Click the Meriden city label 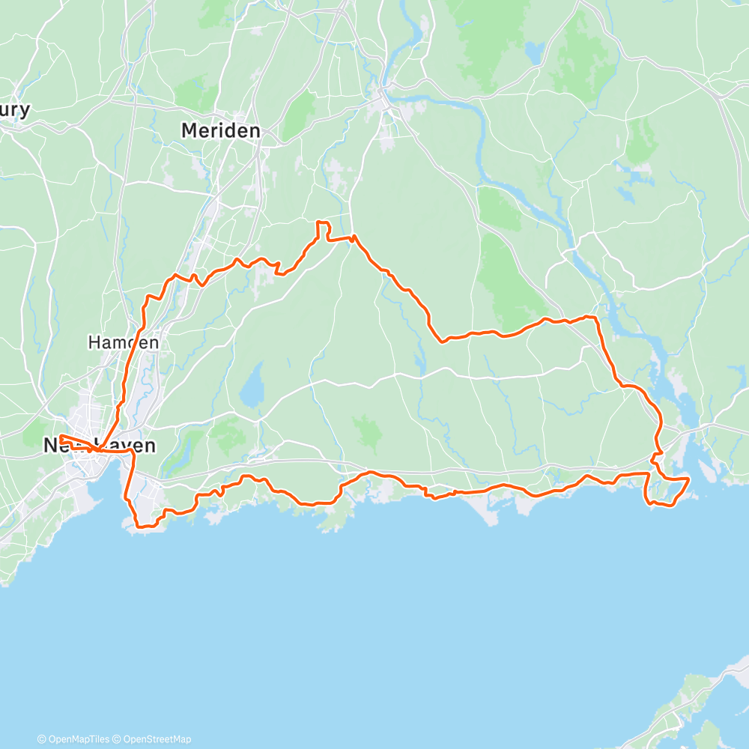click(221, 131)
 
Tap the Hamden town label click(124, 343)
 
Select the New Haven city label click(100, 446)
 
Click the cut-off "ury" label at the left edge click(15, 110)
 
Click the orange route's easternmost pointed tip click(688, 479)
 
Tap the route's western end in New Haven click(61, 437)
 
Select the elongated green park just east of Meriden click(300, 112)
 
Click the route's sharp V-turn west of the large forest click(443, 342)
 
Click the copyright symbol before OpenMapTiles click(41, 739)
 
